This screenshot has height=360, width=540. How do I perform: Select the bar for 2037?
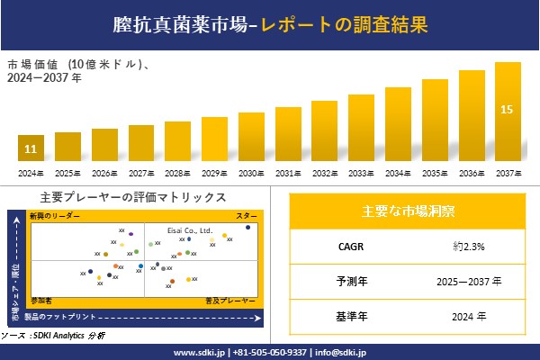508,112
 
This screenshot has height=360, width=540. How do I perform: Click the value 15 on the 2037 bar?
507,110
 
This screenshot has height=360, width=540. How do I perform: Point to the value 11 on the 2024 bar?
31,148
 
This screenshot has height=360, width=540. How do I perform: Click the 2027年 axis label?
141,173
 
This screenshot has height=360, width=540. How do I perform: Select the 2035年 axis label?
435,173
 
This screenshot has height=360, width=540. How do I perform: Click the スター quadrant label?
246,217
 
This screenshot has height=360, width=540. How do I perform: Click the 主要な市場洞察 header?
408,211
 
